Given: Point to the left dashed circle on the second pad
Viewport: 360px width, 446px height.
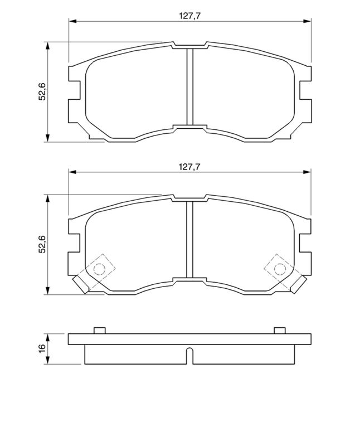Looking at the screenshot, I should pos(99,269).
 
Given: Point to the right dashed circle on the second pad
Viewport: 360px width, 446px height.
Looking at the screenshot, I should pos(280,269).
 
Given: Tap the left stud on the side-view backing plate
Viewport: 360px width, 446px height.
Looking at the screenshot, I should pos(99,331).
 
